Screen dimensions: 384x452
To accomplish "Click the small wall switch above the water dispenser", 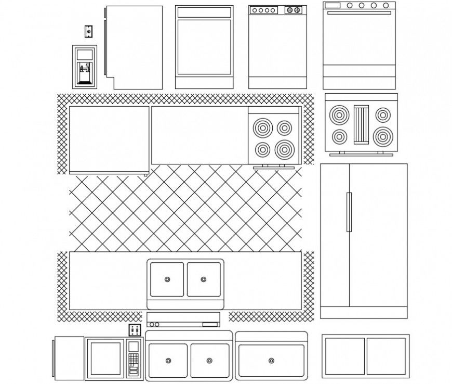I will pos(89,32).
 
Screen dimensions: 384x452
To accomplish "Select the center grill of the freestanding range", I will pos(361,124).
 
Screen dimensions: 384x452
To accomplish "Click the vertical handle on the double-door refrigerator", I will pos(349,212).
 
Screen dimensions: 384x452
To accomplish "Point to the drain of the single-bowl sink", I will pos(271,361).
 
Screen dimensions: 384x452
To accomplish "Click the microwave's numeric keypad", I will pos(134,358).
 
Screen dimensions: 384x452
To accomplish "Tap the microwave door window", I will pos(105,358).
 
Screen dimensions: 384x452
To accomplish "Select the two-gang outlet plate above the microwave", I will pos(135,330).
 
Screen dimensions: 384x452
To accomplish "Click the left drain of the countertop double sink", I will pos(167,279).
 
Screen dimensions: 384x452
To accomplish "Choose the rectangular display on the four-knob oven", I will pos(332,6).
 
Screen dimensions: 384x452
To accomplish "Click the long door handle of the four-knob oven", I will pos(359,12).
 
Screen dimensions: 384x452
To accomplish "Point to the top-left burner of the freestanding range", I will pos(339,114).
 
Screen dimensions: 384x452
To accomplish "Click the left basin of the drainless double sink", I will pos(344,356).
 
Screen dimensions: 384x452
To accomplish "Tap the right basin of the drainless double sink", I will pos(386,356).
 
